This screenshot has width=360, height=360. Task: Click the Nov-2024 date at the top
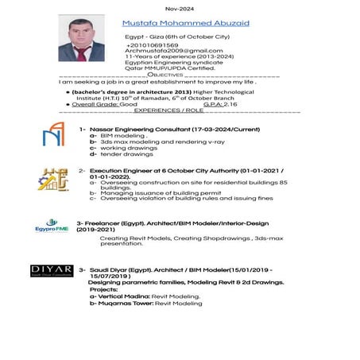coord(179,8)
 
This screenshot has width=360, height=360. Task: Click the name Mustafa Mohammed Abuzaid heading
coord(186,24)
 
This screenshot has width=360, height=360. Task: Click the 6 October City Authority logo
coord(53,180)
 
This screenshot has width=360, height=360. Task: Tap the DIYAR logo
coord(52,271)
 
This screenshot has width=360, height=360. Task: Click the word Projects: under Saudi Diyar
coord(103,289)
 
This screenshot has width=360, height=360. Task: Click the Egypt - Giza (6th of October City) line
coord(177,37)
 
